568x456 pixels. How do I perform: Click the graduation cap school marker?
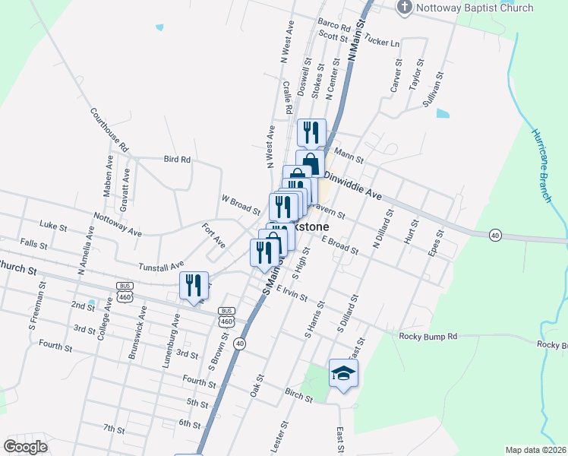point(343,373)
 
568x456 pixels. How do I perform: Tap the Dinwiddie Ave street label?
point(352,185)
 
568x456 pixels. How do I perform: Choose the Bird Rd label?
point(176,160)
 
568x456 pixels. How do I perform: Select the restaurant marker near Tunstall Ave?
point(193,285)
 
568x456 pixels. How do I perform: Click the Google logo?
point(26,446)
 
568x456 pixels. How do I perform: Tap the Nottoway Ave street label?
point(118,224)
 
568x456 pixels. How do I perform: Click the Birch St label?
point(299,395)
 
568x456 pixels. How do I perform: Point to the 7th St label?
point(114,429)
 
